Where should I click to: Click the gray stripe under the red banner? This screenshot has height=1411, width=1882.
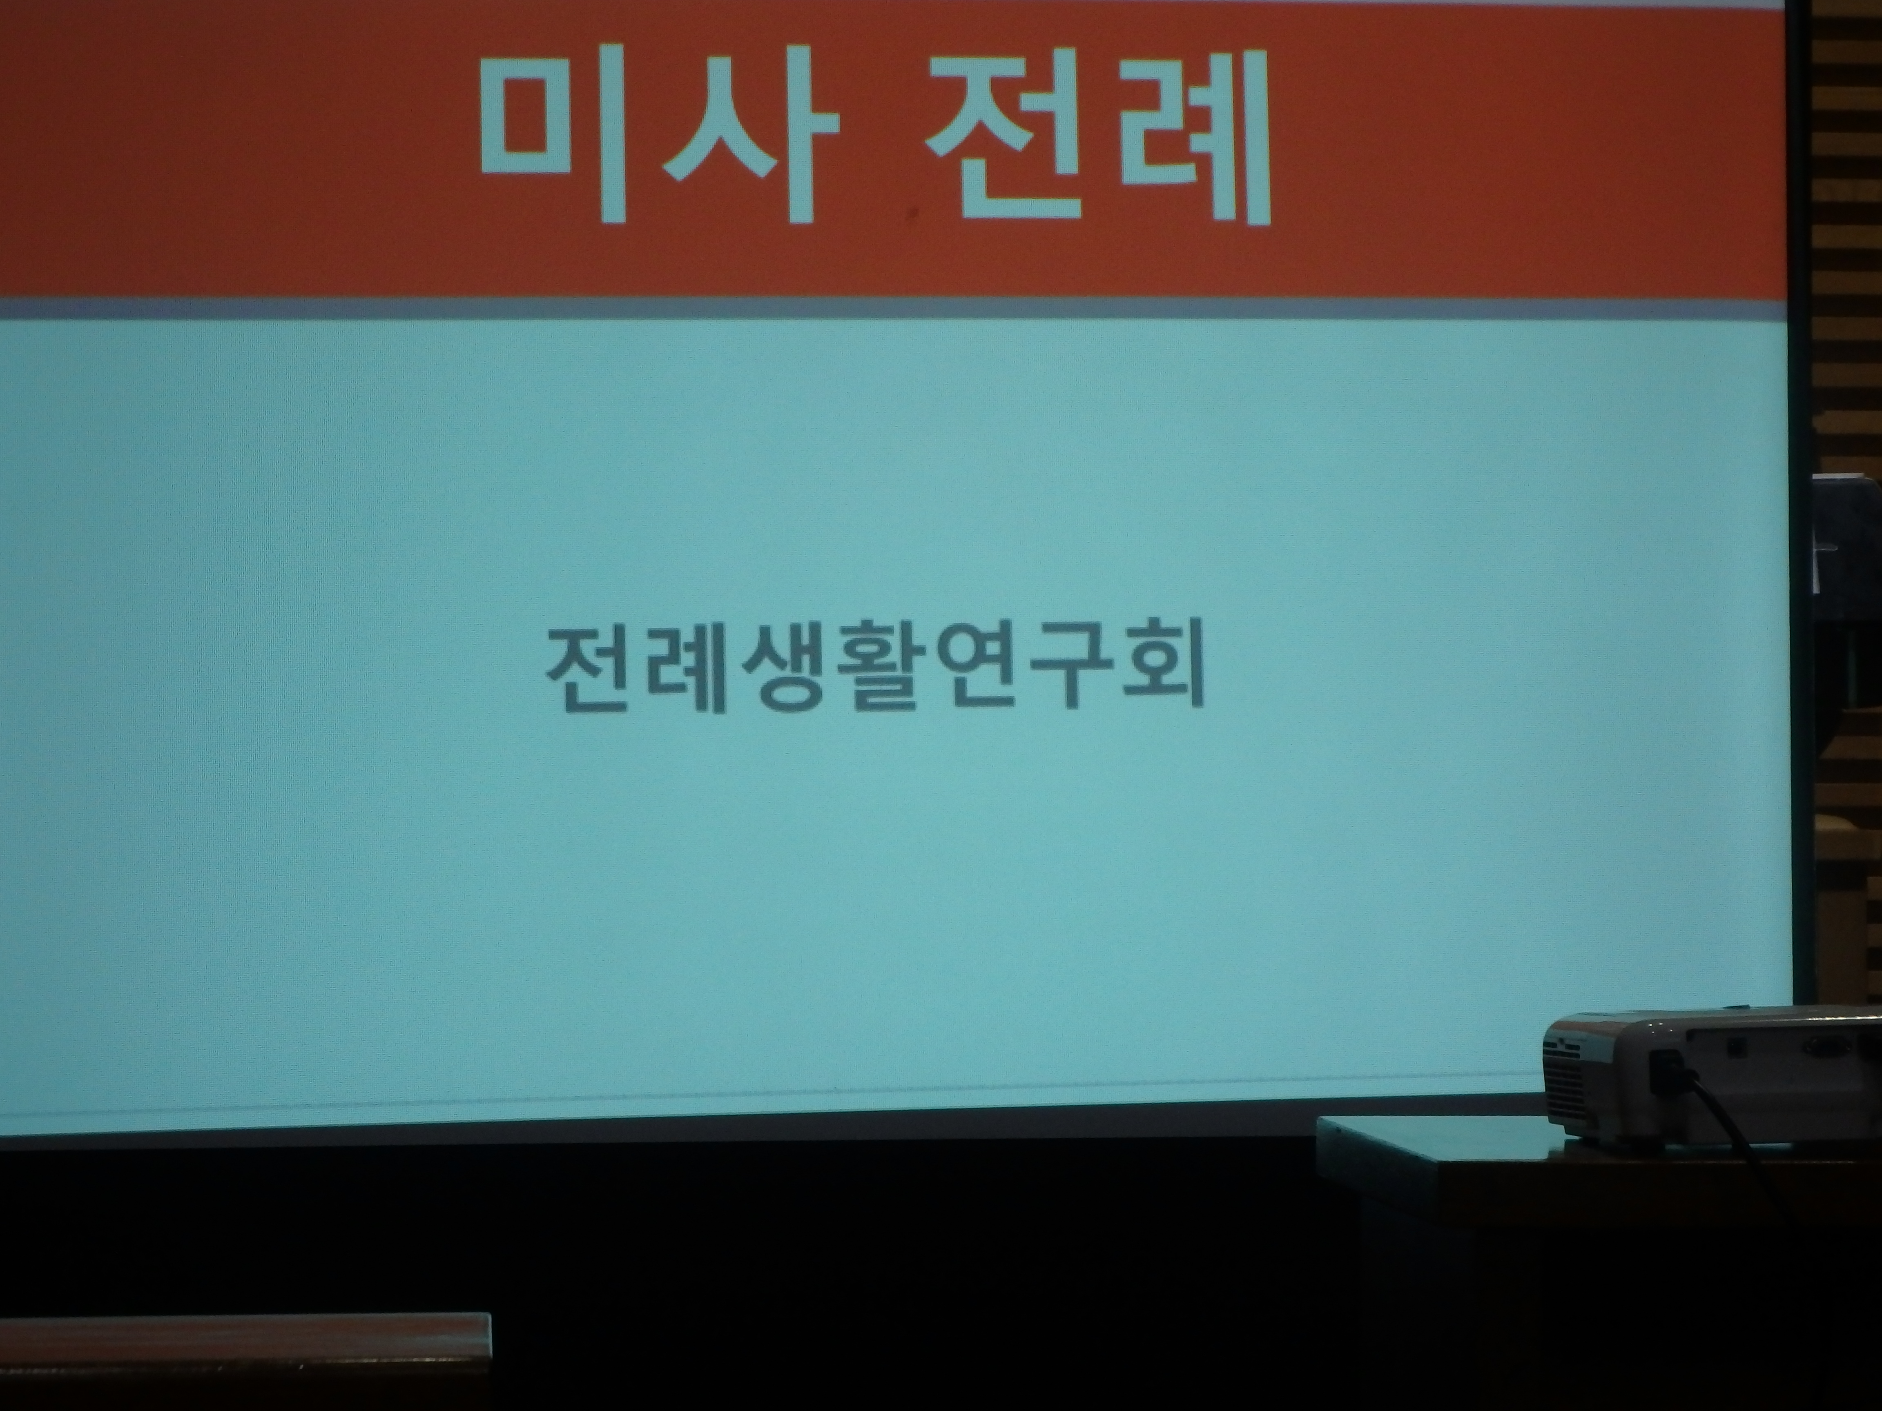coord(893,308)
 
